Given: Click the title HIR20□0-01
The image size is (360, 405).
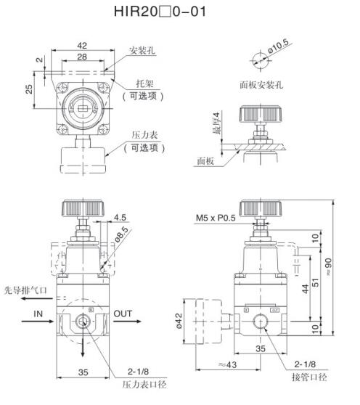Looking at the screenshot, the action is coord(160,12).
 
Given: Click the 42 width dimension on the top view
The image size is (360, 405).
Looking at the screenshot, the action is coord(82,46).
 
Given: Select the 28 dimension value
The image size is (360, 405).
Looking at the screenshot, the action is coord(82,57).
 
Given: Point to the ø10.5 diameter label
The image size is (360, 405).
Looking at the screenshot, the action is coord(279,46).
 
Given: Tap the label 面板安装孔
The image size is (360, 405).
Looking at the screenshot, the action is coord(261,85).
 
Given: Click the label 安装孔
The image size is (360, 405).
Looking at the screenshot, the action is coord(142,50).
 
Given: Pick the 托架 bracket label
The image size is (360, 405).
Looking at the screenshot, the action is coord(144,83).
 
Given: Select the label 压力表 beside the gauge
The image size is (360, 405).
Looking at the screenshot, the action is coord(144,135).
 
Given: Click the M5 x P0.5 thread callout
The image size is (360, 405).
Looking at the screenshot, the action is coord(216,218).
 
